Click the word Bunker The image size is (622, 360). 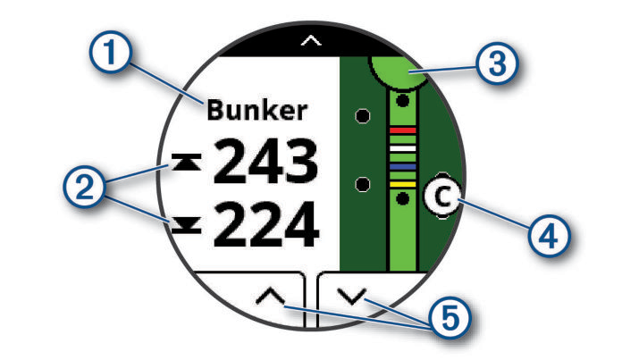pos(256,110)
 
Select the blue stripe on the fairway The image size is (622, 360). pos(403,167)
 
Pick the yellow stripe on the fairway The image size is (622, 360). pos(403,183)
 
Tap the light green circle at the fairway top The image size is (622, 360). pos(399,71)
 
